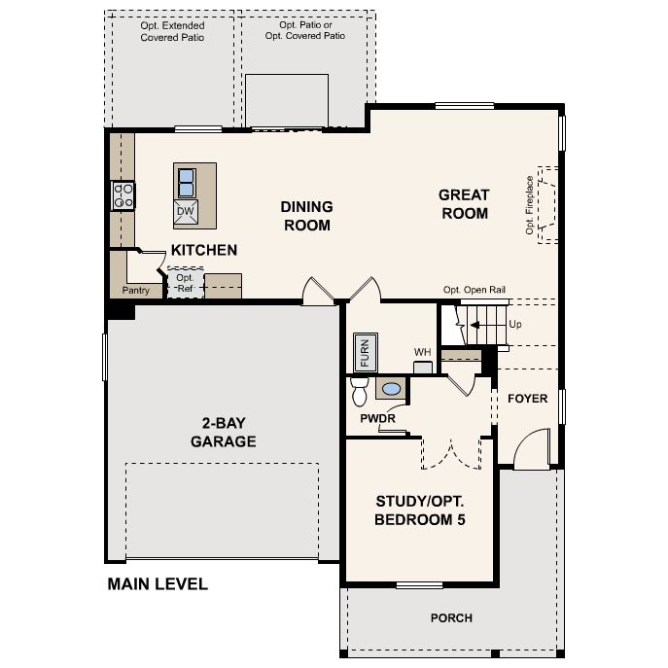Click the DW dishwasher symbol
point(186,211)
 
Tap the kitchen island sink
point(186,181)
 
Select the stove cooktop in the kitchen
point(123,196)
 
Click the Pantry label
point(135,290)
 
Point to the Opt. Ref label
point(185,282)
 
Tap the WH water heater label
point(422,352)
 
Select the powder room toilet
point(358,391)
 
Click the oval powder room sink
point(391,389)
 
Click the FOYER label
point(528,399)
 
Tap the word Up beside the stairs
point(515,325)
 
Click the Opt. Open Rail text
point(475,290)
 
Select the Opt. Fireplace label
point(530,205)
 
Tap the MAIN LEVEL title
point(158,584)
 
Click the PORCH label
point(451,618)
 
